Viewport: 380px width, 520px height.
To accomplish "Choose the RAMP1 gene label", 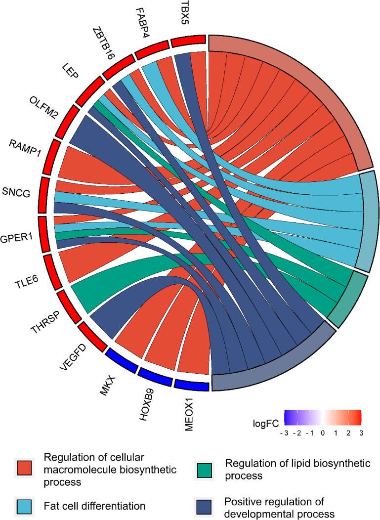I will click(x=24, y=147).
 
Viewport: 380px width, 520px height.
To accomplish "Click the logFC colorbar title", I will click(x=264, y=423).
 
